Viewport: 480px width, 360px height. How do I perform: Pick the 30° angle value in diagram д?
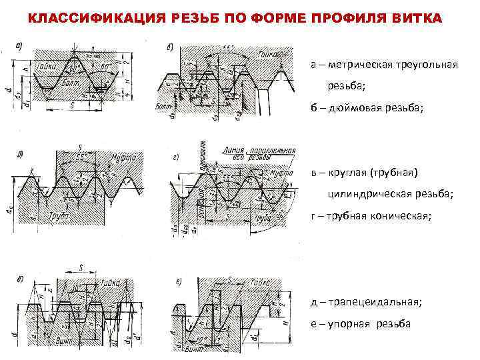pyautogui.click(x=79, y=287)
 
